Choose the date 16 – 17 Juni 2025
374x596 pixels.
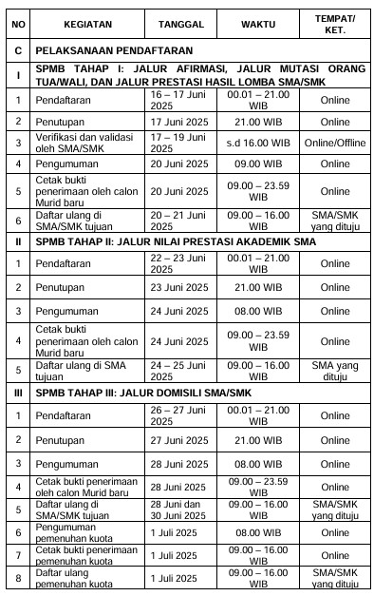pyautogui.click(x=178, y=100)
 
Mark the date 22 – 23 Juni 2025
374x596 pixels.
pyautogui.click(x=178, y=263)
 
